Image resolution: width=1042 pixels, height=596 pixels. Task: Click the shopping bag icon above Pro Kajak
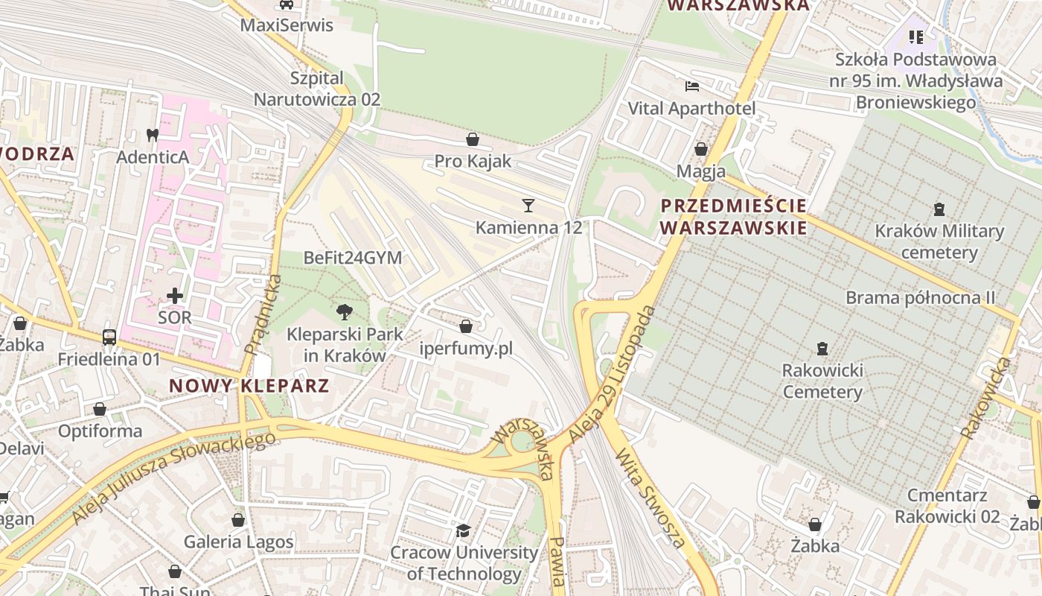coord(472,139)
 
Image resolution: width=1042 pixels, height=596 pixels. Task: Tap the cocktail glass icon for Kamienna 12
coord(528,206)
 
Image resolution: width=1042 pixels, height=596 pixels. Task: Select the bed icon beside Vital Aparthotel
coord(692,86)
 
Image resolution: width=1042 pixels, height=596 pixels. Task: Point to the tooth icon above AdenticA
coord(153,136)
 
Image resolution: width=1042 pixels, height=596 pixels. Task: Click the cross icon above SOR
coord(175,296)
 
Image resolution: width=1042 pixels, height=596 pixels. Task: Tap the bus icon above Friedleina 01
coord(109,337)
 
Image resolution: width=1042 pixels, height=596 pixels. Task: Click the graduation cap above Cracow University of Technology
coord(464,531)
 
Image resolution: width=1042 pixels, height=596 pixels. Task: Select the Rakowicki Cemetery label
coord(822,381)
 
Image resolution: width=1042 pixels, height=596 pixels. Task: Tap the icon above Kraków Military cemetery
coord(939,209)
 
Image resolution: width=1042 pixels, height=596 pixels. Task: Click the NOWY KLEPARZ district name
coord(249,386)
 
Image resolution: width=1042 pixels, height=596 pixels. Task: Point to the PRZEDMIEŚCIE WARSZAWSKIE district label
coord(734,216)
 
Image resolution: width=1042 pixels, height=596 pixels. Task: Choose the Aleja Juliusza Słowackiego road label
coord(173,477)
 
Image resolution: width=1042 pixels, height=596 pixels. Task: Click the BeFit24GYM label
coord(353,258)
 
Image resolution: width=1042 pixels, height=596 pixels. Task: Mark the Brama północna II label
coord(920,298)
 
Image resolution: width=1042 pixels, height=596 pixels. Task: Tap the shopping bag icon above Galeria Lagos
coord(238,520)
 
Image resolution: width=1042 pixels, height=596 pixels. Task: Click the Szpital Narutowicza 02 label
coord(317,89)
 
